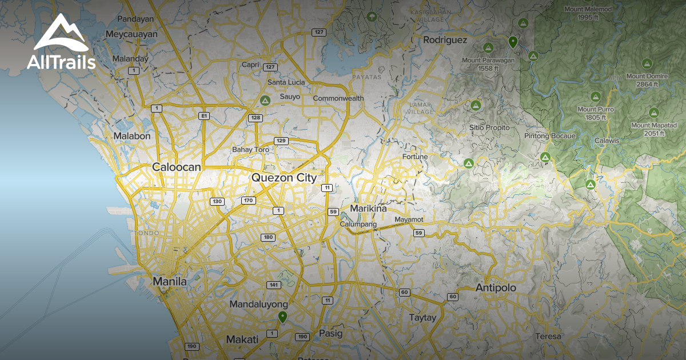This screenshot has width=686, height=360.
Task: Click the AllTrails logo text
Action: (x=61, y=63)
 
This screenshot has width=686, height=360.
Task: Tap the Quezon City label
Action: (x=284, y=178)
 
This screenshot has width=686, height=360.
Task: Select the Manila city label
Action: (x=170, y=282)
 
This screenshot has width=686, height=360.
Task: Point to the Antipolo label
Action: (x=496, y=288)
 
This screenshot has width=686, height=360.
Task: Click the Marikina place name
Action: (x=369, y=209)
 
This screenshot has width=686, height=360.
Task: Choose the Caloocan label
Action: (x=177, y=167)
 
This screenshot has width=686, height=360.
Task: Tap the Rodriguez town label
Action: (x=445, y=40)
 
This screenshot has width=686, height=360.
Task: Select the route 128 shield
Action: (x=256, y=118)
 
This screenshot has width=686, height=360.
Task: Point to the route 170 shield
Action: (x=248, y=201)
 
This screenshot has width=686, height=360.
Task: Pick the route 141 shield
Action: (x=273, y=285)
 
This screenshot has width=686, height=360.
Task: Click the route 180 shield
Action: (x=268, y=237)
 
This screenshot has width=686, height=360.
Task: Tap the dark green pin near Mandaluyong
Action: (x=282, y=317)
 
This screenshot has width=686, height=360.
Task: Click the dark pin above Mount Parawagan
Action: (x=513, y=41)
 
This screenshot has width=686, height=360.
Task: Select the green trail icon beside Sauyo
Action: (x=265, y=101)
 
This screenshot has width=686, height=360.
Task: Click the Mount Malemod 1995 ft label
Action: (x=588, y=13)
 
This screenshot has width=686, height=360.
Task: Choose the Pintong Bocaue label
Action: (x=549, y=136)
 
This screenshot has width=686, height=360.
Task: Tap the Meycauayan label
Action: (x=131, y=34)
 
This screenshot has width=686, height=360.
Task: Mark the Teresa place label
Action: (x=549, y=337)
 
